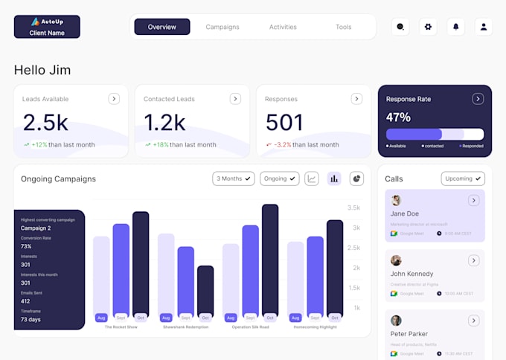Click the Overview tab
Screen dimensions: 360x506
pos(161,27)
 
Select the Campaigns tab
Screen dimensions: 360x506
pos(222,27)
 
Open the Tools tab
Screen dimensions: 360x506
pos(343,27)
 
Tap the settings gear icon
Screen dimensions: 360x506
pos(428,27)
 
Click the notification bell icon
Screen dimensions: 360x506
pos(456,27)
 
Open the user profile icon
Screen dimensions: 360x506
pos(484,27)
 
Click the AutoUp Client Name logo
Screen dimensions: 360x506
pos(47,27)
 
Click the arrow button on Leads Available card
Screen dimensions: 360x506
pos(113,98)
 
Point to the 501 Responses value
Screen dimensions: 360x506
pos(284,123)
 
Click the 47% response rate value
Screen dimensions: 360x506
pos(398,118)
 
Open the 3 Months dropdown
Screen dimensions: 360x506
pos(234,179)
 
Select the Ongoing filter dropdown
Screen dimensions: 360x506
pos(279,179)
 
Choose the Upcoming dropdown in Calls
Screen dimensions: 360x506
pos(463,179)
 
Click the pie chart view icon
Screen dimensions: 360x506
pos(356,179)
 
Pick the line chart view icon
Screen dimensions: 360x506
pos(312,179)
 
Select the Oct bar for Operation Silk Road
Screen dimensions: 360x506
pos(269,260)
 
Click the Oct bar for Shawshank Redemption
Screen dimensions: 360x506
pos(205,290)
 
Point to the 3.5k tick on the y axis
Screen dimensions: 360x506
pos(354,208)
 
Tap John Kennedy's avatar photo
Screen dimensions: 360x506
pos(396,260)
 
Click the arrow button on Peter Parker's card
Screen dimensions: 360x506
pos(473,321)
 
